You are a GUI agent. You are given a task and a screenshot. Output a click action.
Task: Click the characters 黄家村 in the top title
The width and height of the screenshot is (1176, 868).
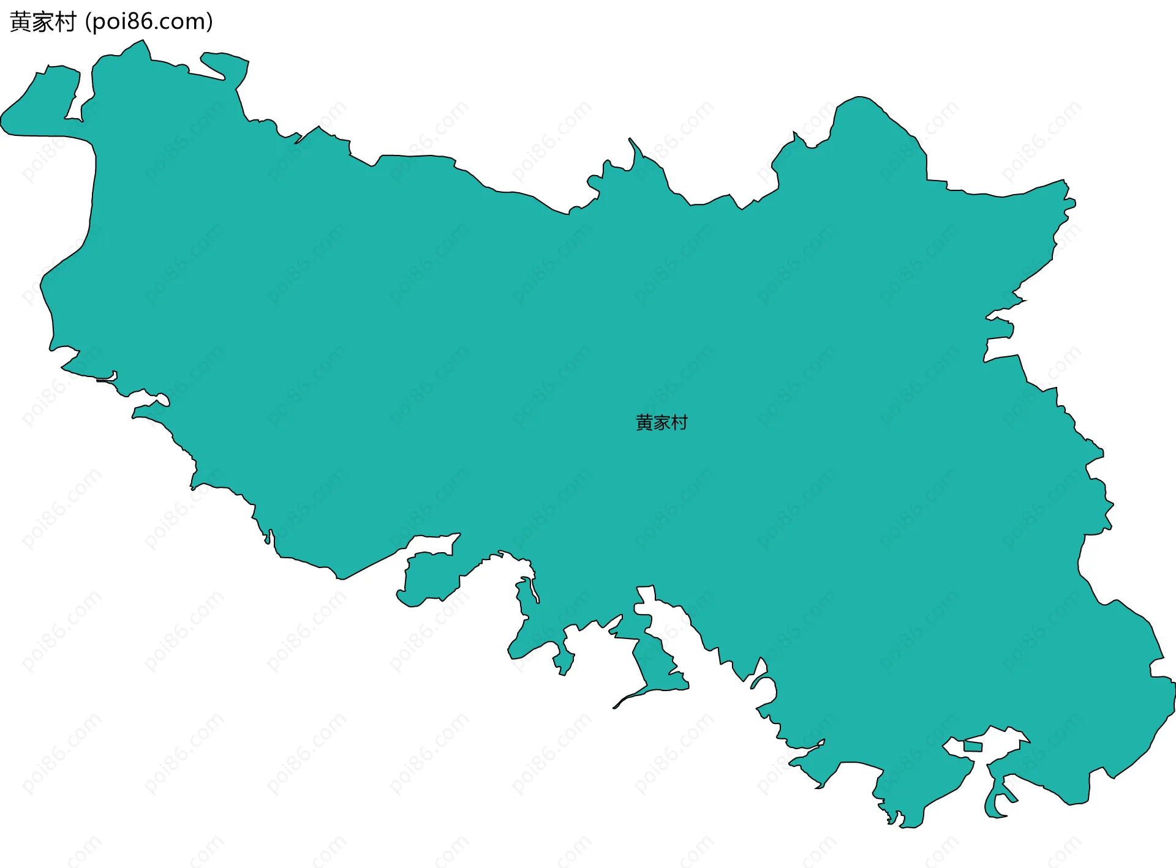pyautogui.click(x=43, y=22)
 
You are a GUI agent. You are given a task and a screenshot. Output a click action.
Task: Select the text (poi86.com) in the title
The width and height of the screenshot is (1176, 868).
pyautogui.click(x=149, y=22)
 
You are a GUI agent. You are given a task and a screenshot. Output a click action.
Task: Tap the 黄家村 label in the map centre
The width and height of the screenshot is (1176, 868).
pyautogui.click(x=661, y=422)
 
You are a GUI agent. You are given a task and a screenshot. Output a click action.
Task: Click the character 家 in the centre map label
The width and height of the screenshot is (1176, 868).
pyautogui.click(x=661, y=422)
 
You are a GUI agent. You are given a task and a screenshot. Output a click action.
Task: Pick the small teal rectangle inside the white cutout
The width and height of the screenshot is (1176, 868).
pyautogui.click(x=973, y=746)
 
